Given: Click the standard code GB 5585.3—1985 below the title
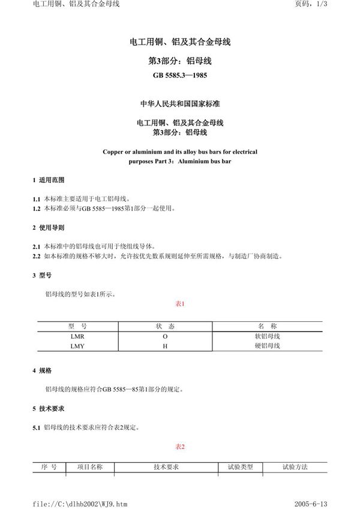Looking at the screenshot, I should point(180,76).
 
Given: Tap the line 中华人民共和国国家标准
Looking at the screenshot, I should point(180,103).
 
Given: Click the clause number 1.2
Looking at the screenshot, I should point(36,208).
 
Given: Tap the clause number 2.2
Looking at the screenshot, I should point(36,255).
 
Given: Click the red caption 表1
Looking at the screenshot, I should point(179,304).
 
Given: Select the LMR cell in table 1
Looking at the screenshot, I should point(78,337).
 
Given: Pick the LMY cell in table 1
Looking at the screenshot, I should point(78,347).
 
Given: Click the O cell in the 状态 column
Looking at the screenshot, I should point(165,337).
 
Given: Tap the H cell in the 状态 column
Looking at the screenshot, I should point(165,347).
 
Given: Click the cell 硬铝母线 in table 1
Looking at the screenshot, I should point(268,347).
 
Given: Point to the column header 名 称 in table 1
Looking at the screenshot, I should point(268,327).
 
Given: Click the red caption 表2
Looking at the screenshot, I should point(179,447).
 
